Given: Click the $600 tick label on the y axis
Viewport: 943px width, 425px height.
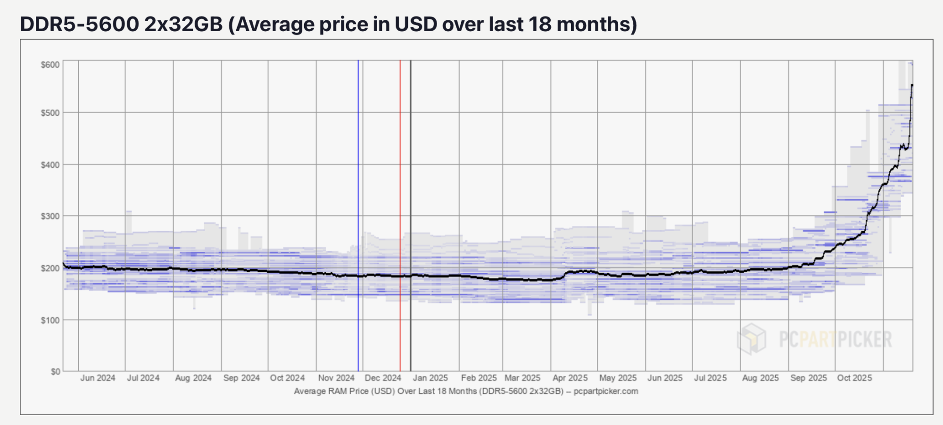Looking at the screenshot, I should [50, 65].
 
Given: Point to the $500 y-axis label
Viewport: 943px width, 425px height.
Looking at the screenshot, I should [50, 113].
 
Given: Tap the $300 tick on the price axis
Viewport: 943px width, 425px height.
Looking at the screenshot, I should [50, 216].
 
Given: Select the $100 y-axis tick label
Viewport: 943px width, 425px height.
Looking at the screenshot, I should [50, 320].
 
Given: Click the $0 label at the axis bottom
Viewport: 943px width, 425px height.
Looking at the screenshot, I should [55, 372].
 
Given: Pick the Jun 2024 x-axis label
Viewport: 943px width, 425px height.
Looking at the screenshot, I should [98, 378].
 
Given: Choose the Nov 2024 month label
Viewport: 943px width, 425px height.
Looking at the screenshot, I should [336, 378].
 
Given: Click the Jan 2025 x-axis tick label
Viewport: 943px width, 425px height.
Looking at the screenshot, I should [430, 378].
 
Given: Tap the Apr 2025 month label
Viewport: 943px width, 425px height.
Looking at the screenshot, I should [570, 378].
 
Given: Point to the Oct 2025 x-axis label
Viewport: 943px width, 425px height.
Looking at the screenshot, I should [854, 378].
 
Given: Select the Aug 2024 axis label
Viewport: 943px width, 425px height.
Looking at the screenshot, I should [193, 378].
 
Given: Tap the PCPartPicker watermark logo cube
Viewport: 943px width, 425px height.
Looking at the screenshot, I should [752, 339].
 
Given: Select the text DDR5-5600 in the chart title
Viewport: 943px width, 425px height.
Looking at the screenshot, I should [80, 24].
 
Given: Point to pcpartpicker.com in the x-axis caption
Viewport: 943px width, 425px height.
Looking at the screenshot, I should [606, 391].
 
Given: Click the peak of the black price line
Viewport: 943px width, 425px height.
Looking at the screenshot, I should [912, 85].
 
